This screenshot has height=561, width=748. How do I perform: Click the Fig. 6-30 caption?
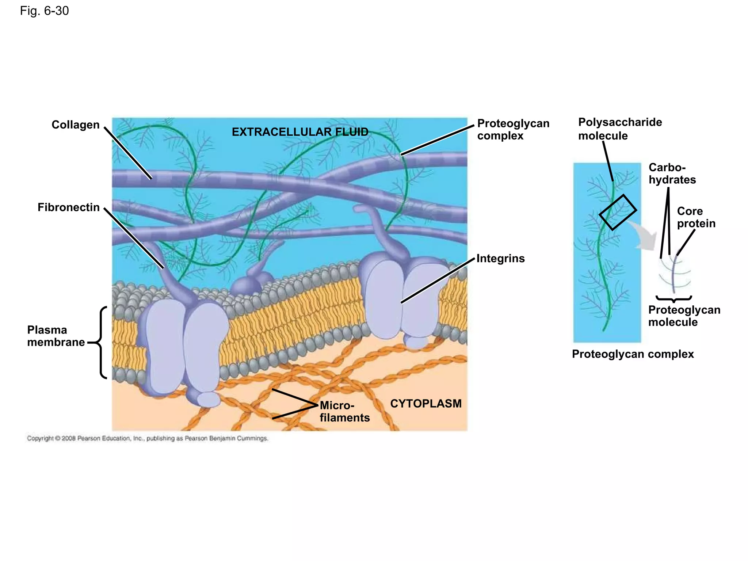tap(44, 11)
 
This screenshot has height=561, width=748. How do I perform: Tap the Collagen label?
tap(75, 125)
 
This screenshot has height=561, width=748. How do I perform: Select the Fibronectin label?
tap(69, 207)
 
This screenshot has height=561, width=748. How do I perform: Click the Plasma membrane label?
tap(56, 336)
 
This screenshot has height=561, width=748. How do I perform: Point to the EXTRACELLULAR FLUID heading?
tap(300, 132)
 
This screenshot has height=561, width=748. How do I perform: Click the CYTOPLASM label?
tap(425, 404)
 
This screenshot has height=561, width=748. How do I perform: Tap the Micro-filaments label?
tap(344, 412)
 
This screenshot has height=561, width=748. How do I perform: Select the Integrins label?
tap(500, 259)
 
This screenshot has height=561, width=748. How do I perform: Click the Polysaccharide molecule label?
tap(620, 129)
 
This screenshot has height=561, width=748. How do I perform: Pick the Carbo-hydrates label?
tap(672, 173)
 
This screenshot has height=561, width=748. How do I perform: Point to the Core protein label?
tap(696, 217)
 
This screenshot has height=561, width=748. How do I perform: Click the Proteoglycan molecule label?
tap(684, 316)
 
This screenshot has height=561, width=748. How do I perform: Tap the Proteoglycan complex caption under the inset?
tap(633, 354)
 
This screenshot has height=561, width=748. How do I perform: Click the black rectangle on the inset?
tap(618, 212)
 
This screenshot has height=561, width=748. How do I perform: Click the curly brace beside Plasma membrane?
tap(101, 342)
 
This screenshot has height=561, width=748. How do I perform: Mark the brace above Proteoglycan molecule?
tap(674, 299)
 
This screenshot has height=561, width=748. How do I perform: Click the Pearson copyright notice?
tap(148, 438)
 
